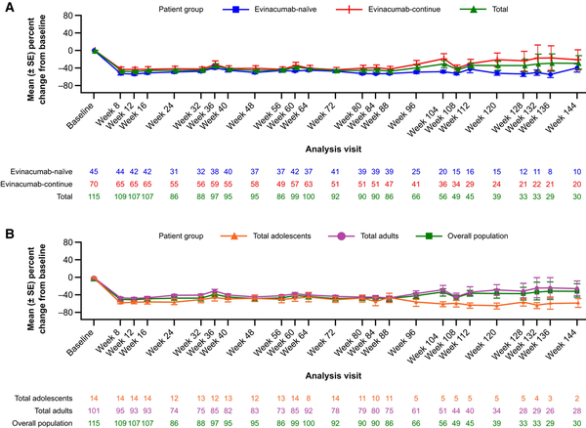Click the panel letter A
pyautogui.click(x=8, y=8)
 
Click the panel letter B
pyautogui.click(x=8, y=236)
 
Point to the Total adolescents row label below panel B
pyautogui.click(x=36, y=397)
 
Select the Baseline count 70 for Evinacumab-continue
pyautogui.click(x=95, y=183)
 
